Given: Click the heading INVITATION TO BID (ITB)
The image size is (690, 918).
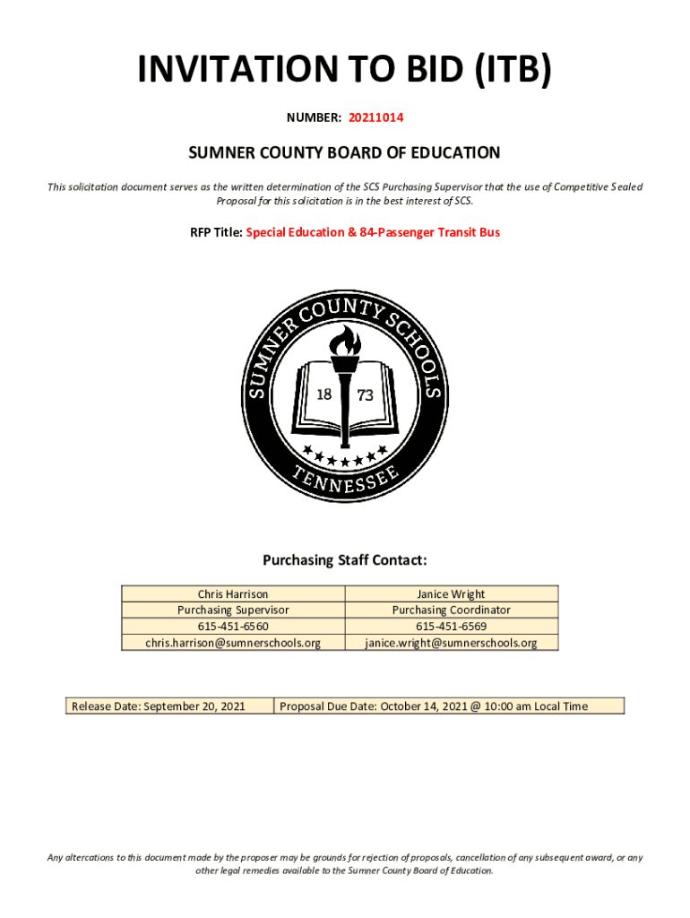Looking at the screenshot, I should click(344, 72).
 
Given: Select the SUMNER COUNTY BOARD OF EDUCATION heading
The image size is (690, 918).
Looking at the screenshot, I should click(344, 153).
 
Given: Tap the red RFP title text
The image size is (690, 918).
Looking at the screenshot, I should click(373, 232).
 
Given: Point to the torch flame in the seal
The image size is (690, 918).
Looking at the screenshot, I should click(344, 340).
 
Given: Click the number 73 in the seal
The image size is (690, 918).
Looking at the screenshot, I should click(365, 395).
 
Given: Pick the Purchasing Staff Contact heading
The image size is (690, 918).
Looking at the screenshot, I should click(344, 560).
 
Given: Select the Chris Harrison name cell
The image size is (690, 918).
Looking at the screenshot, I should click(233, 593).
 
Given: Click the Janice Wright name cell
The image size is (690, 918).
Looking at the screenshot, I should click(451, 593).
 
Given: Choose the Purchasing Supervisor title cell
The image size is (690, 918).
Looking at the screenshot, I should click(233, 610).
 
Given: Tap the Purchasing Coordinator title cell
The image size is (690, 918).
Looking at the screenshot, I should click(451, 610).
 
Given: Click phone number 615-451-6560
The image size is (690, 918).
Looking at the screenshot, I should click(233, 626).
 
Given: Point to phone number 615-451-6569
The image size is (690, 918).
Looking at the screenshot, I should click(451, 626).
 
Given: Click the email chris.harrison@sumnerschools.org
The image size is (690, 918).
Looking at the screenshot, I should click(233, 642).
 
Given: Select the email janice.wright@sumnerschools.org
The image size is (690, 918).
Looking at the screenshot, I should click(451, 642).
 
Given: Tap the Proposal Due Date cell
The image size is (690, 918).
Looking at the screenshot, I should click(448, 706).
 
